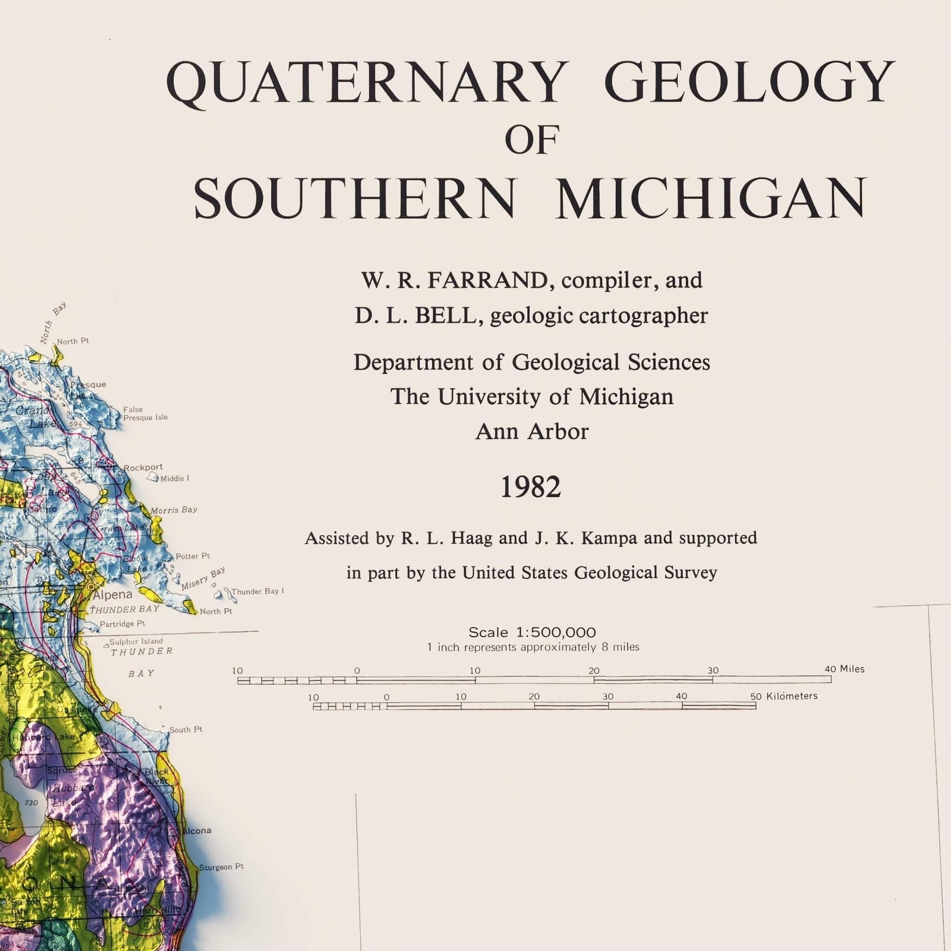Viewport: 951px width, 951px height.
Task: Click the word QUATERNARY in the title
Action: [364, 83]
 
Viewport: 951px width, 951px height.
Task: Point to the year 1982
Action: [530, 488]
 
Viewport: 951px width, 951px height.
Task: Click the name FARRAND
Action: [487, 281]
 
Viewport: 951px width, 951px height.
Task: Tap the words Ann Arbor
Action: [531, 432]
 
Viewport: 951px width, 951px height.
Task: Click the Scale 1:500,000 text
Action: [532, 632]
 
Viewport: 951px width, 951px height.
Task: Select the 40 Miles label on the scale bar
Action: [844, 669]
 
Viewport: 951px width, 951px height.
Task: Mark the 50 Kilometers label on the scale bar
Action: [783, 696]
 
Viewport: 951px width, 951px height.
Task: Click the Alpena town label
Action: [112, 594]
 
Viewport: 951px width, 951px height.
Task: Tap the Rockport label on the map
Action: [143, 467]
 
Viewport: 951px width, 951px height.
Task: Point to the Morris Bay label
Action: [174, 510]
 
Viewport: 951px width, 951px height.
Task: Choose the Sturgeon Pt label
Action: [221, 867]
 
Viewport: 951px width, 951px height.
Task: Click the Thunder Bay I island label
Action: [257, 591]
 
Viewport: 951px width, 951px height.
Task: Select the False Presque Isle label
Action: [145, 414]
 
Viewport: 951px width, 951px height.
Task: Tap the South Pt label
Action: [185, 729]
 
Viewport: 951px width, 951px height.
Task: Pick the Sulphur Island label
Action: [136, 642]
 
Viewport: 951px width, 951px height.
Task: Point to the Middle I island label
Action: [175, 478]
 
